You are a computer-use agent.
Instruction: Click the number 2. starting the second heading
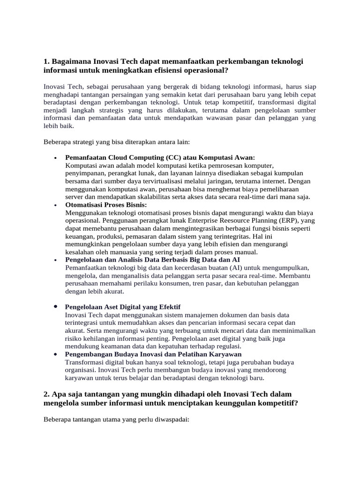point(46,395)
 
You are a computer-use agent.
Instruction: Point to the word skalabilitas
point(172,197)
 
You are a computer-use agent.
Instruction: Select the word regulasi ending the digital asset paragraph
point(227,346)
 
